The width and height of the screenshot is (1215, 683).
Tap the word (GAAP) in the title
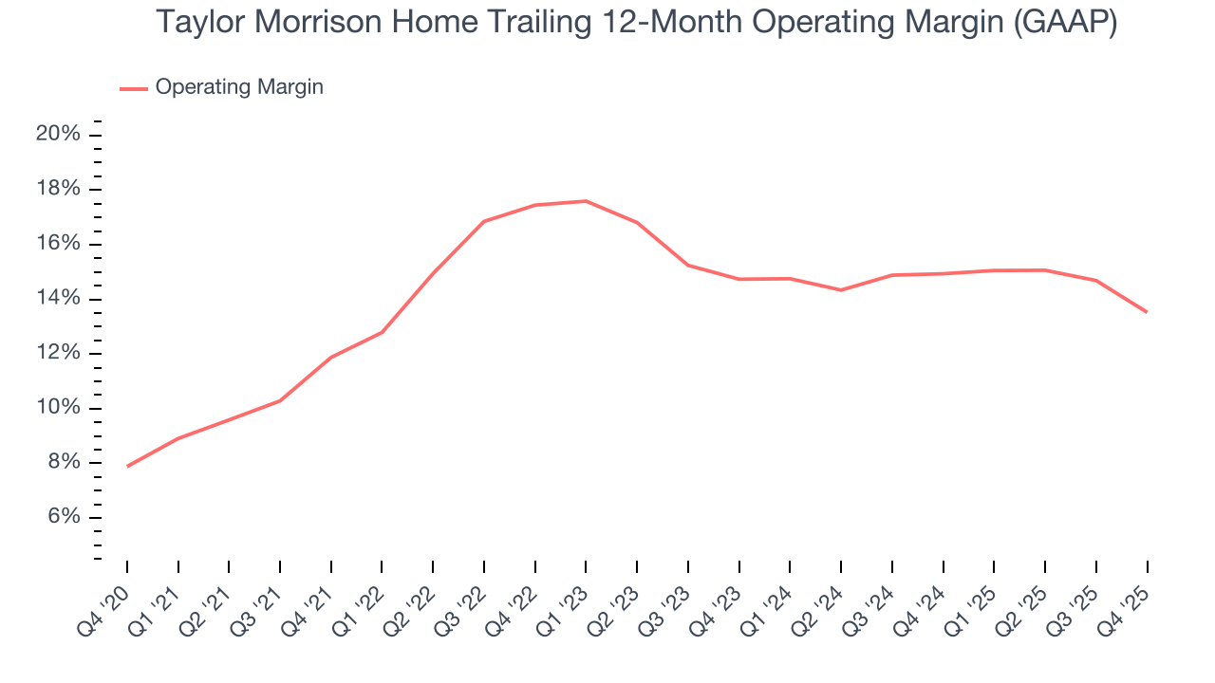pyautogui.click(x=1065, y=22)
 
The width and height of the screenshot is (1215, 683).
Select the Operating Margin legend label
pyautogui.click(x=239, y=87)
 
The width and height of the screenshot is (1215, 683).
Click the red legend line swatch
pyautogui.click(x=134, y=88)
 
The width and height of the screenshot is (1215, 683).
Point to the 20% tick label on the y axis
pyautogui.click(x=58, y=134)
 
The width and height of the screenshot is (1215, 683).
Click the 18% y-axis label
pyautogui.click(x=58, y=189)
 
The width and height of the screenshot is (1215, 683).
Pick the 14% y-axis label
pyautogui.click(x=58, y=299)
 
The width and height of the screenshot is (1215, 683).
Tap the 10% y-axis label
pyautogui.click(x=58, y=408)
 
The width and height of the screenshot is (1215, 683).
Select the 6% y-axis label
pyautogui.click(x=62, y=518)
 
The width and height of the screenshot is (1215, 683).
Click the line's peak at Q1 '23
pyautogui.click(x=586, y=201)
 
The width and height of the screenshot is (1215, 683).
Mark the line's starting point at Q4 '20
pyautogui.click(x=127, y=466)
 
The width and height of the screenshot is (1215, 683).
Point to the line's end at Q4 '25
pyautogui.click(x=1147, y=312)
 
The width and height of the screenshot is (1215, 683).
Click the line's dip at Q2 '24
pyautogui.click(x=841, y=289)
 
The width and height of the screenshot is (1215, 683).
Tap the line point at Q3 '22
pyautogui.click(x=484, y=222)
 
